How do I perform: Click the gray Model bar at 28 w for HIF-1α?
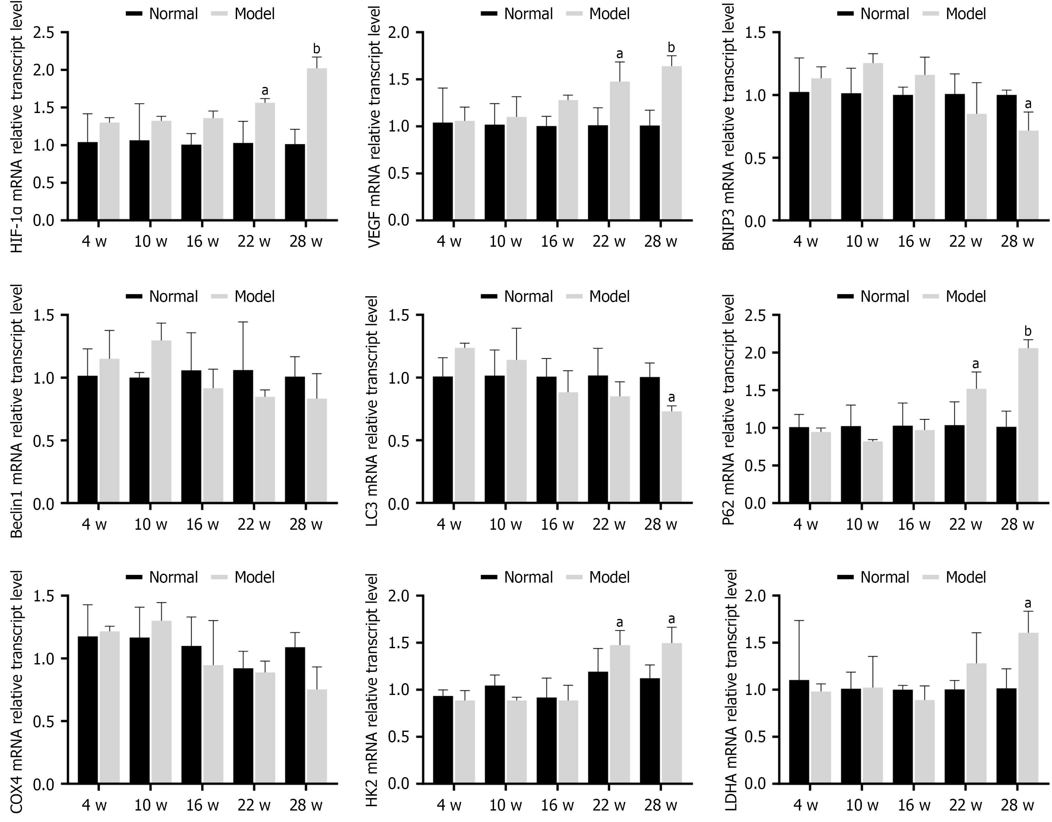[316, 145]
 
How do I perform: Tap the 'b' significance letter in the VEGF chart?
[671, 48]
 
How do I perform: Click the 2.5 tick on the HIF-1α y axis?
[44, 33]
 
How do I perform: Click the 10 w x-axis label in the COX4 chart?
[151, 805]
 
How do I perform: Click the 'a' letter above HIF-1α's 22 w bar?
[265, 90]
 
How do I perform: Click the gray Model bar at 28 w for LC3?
[671, 457]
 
